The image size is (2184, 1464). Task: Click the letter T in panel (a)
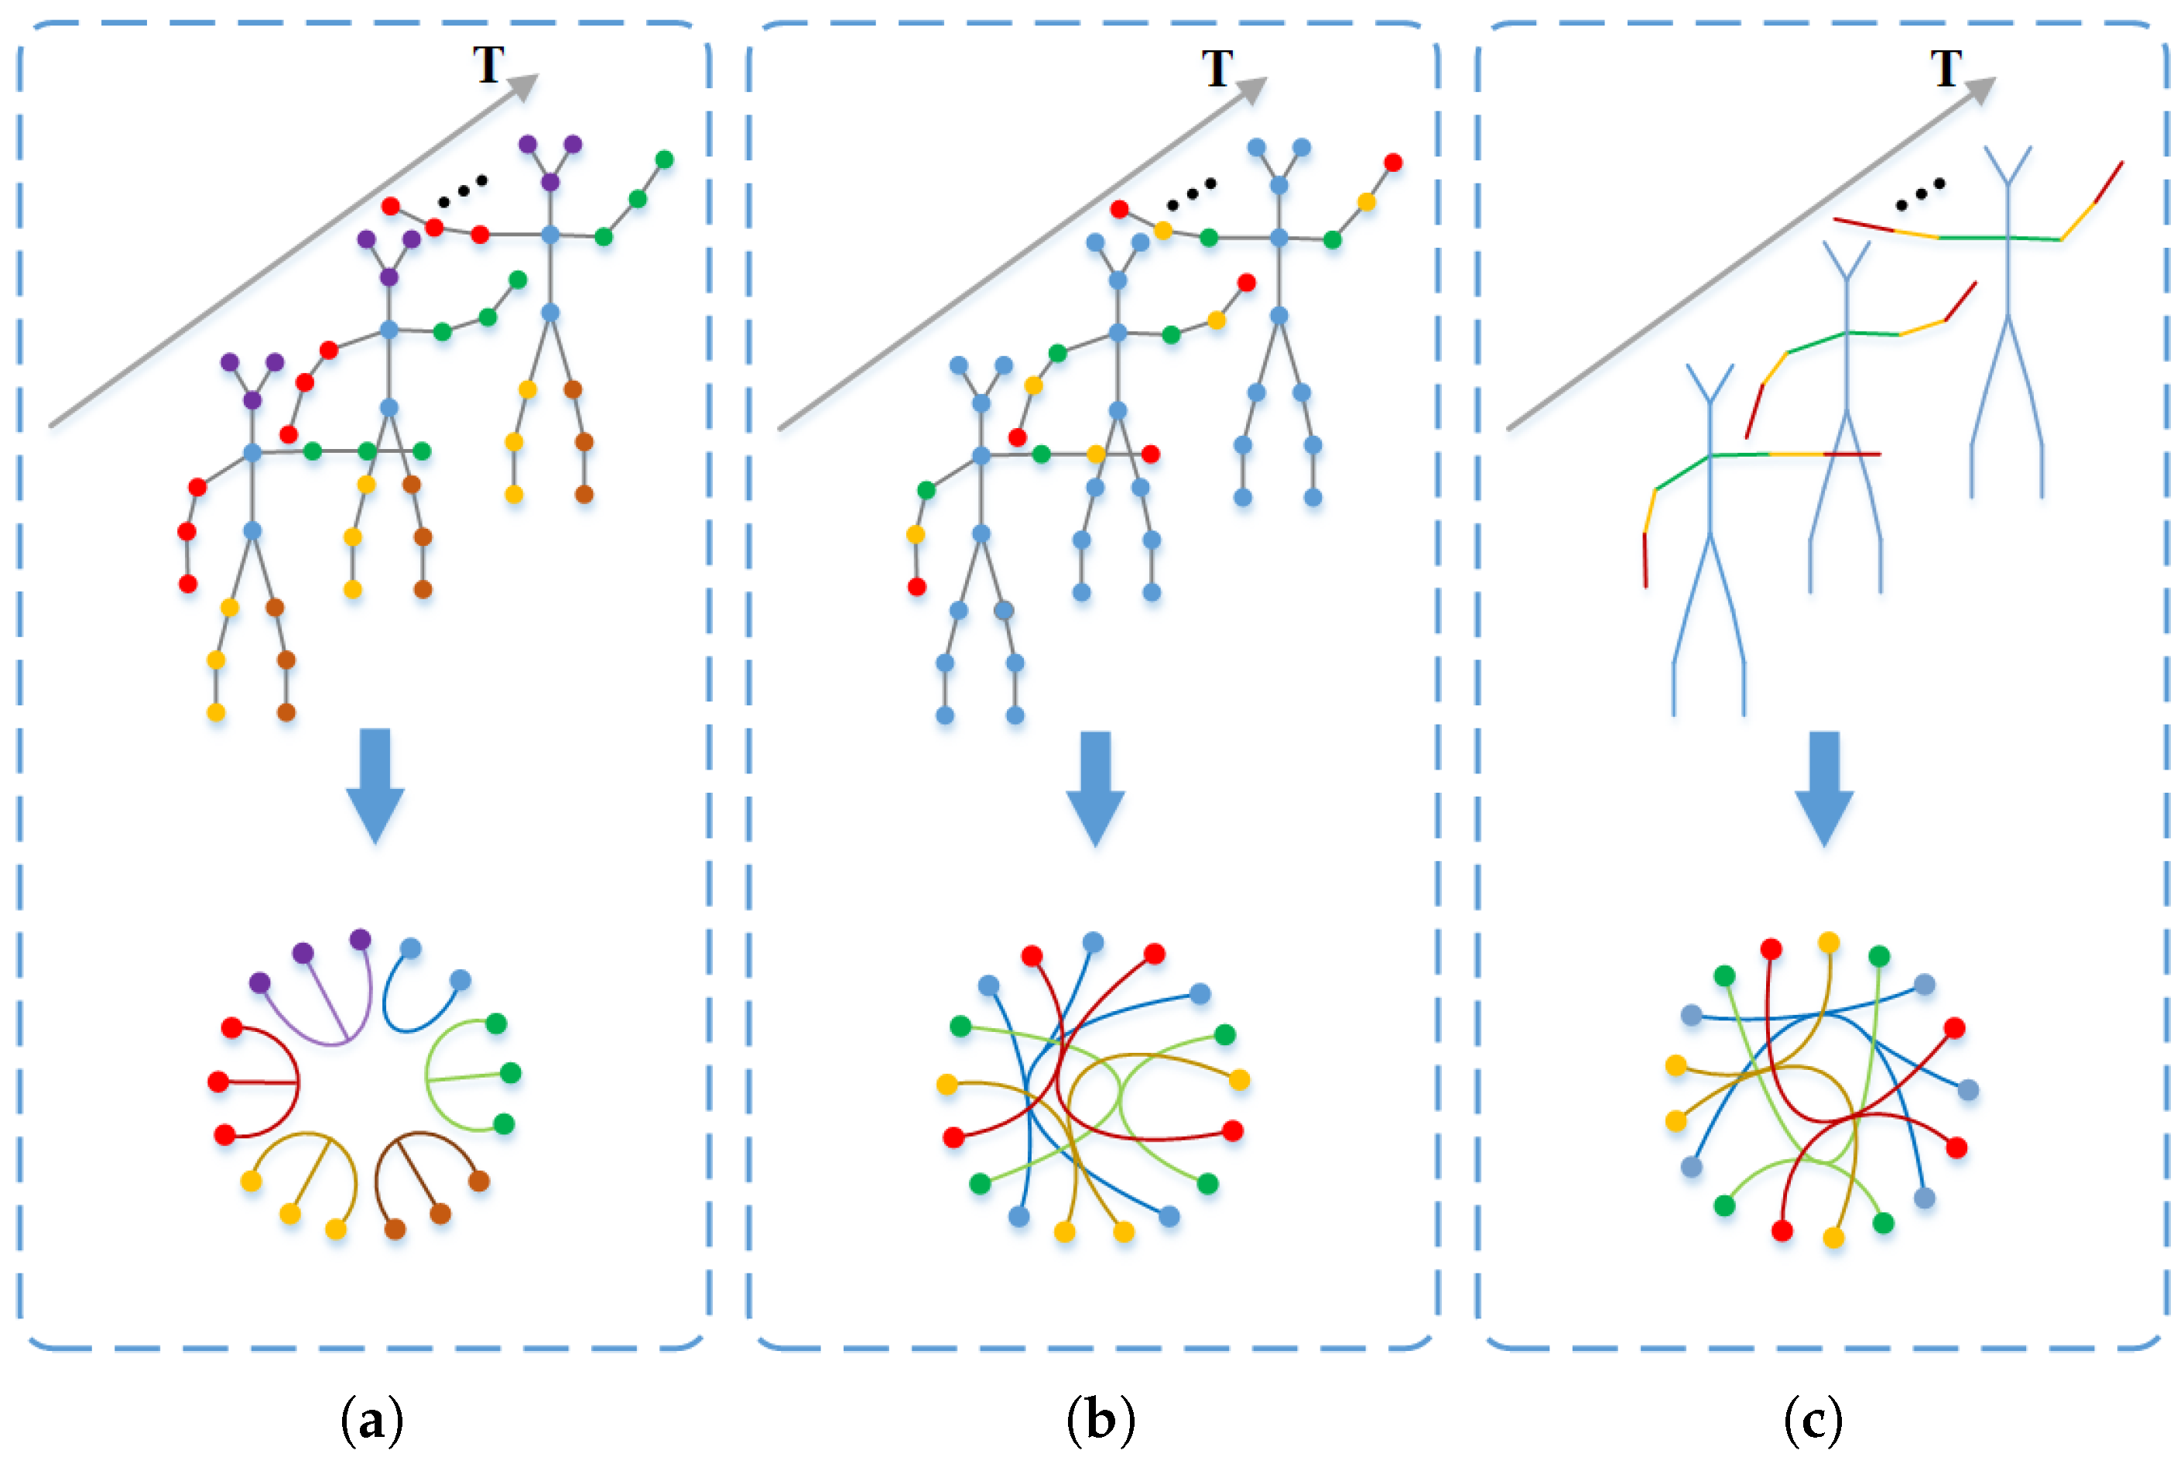pyautogui.click(x=488, y=65)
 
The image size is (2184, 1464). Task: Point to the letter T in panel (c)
pyautogui.click(x=1946, y=68)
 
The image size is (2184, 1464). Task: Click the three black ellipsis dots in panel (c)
pyautogui.click(x=1920, y=194)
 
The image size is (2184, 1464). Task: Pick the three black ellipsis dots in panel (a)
pyautogui.click(x=463, y=190)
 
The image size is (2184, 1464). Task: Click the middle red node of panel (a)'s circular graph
pyautogui.click(x=218, y=1082)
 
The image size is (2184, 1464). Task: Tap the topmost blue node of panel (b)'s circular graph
pyautogui.click(x=1093, y=942)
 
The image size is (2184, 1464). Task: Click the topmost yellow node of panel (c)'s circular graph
pyautogui.click(x=1829, y=942)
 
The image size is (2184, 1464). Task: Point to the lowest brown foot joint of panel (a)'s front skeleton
pyautogui.click(x=286, y=712)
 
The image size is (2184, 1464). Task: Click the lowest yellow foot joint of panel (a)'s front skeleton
pyautogui.click(x=216, y=712)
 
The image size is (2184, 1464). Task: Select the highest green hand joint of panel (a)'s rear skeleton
pyautogui.click(x=665, y=159)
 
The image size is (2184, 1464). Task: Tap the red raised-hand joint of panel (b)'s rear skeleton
pyautogui.click(x=1392, y=163)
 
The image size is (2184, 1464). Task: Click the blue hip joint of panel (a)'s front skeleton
pyautogui.click(x=252, y=530)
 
